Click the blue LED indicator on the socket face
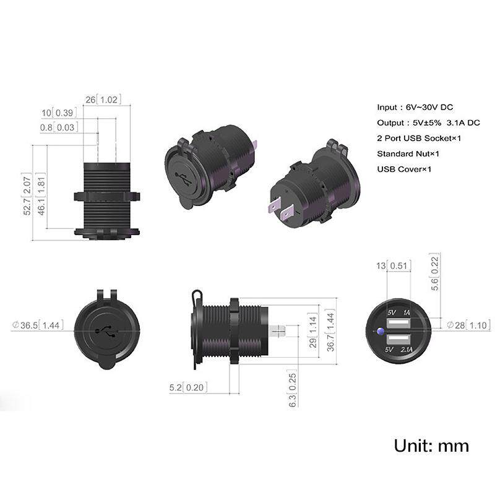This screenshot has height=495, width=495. (x=381, y=332)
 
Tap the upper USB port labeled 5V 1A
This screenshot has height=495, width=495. (x=398, y=324)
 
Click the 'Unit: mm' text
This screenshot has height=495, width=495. (x=431, y=445)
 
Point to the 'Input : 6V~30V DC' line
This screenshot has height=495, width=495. (x=415, y=107)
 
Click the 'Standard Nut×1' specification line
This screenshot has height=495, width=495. (x=408, y=153)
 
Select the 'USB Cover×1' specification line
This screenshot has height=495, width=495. (x=404, y=169)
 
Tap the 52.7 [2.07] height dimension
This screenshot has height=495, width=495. (x=27, y=194)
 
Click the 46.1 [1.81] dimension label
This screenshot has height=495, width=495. (x=41, y=194)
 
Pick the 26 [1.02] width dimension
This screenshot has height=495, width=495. (x=103, y=100)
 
